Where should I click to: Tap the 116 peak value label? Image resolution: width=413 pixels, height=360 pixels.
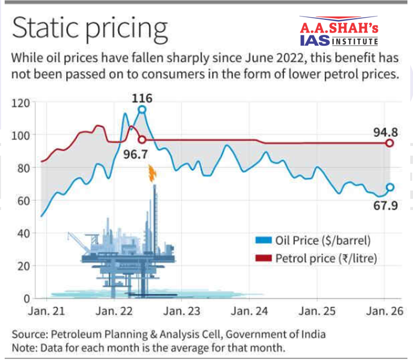point(142,99)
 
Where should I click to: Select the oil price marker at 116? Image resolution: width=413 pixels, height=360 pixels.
point(142,109)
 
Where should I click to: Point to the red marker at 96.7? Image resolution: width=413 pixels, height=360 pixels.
point(142,139)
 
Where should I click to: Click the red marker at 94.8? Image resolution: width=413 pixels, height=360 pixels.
point(389,143)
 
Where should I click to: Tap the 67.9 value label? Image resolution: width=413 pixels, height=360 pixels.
point(385,206)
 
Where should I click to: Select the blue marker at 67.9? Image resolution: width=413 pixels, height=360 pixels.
point(390,187)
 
